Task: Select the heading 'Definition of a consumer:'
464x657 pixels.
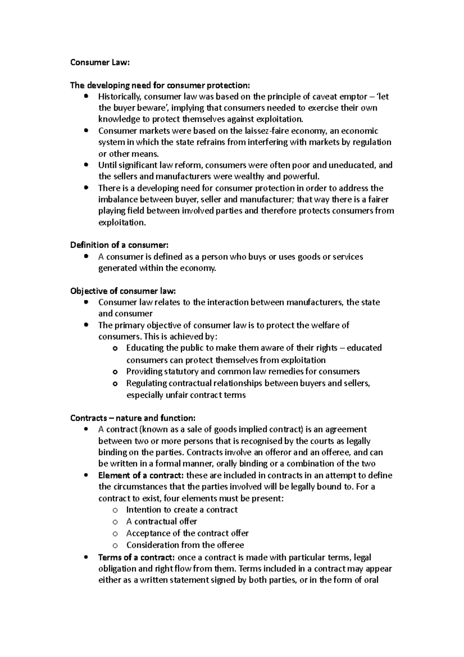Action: [x=119, y=245]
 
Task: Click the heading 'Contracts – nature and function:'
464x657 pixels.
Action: [x=133, y=418]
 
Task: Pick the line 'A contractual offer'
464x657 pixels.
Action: [x=162, y=522]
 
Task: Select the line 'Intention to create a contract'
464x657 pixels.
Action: [x=182, y=510]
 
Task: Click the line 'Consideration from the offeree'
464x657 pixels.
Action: [x=185, y=545]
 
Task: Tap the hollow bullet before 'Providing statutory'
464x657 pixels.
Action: [x=115, y=372]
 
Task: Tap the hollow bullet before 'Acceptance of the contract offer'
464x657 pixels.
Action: [x=115, y=534]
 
